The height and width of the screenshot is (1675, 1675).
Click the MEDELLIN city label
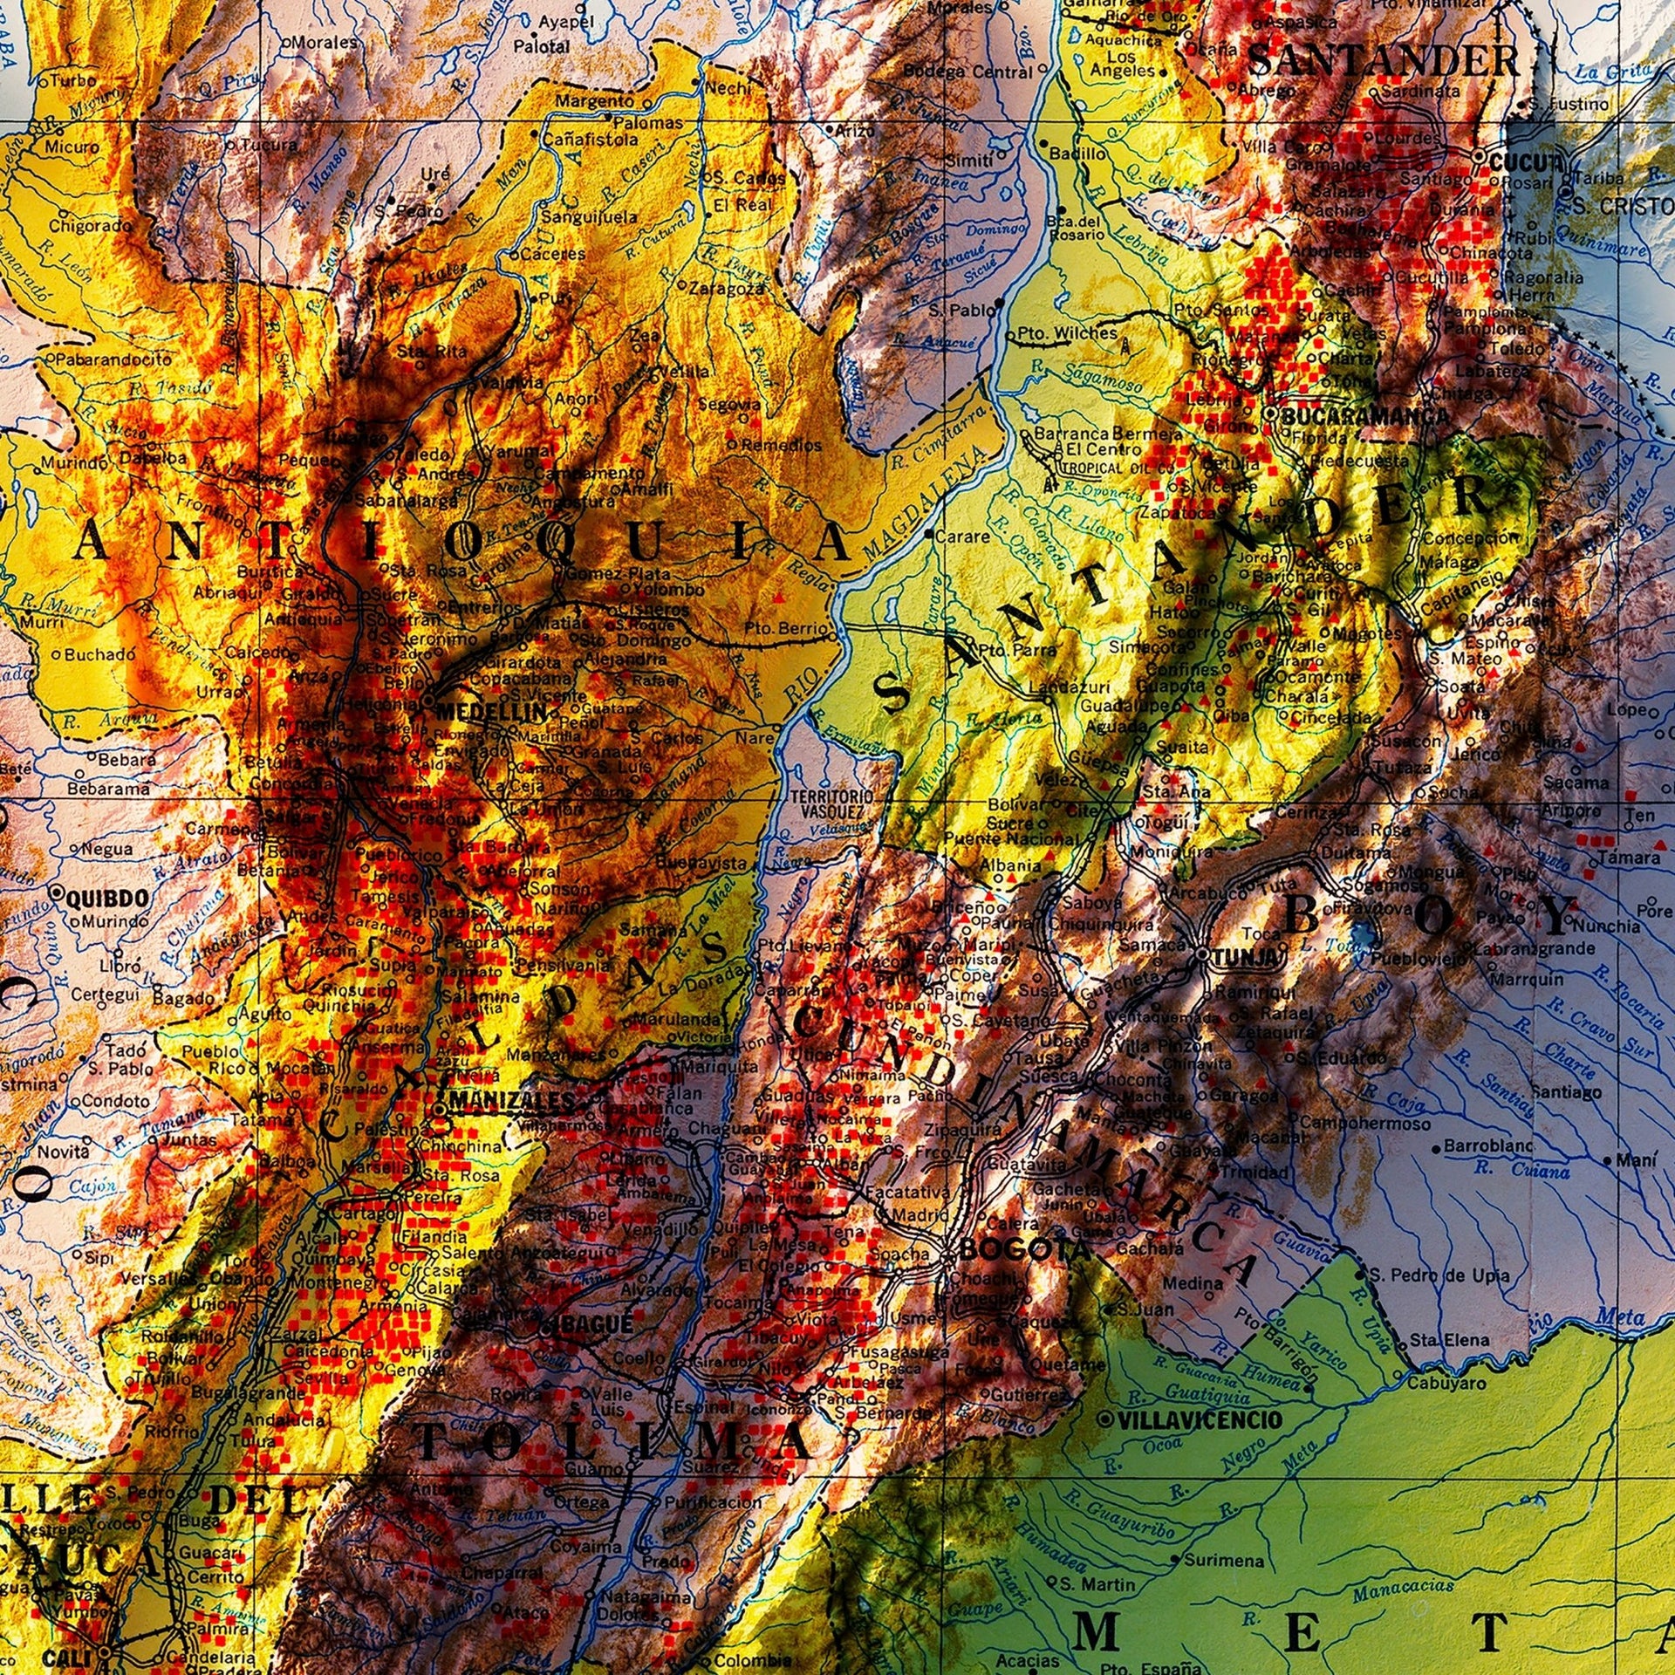(x=491, y=711)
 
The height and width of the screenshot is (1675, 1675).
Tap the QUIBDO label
(x=101, y=898)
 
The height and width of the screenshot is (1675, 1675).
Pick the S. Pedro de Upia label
(x=1439, y=1275)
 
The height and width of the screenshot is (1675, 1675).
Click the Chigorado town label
(x=90, y=226)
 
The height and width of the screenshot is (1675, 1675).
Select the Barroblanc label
(x=1488, y=1145)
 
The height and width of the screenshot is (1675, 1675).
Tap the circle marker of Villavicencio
(x=1106, y=1420)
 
